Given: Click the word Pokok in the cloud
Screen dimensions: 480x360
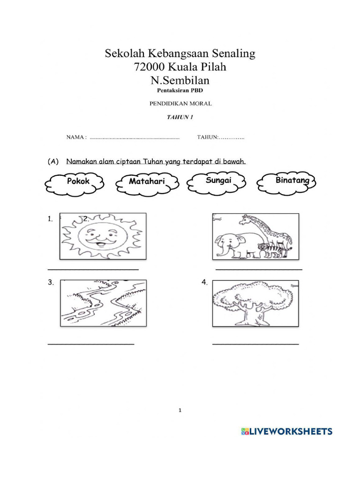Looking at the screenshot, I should (78, 181).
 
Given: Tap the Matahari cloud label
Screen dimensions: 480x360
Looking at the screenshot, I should (147, 181).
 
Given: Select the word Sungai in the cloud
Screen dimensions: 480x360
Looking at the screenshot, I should (218, 180).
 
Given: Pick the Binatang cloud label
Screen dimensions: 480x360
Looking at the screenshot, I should (292, 180).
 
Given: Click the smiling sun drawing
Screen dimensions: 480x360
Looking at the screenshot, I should (103, 236).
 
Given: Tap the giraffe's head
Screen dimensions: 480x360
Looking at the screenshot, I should (246, 219).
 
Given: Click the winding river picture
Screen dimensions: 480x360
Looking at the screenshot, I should (103, 303).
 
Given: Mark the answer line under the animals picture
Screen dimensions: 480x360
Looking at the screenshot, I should (259, 270).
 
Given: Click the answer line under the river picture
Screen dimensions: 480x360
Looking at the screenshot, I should (91, 345).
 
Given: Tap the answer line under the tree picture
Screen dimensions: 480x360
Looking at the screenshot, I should (255, 345).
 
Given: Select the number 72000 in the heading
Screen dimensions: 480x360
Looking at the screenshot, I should (150, 67).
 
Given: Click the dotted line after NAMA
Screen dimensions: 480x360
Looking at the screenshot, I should (135, 138).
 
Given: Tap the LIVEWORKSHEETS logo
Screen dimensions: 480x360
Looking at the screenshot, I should (286, 432).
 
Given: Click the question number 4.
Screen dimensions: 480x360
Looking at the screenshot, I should (204, 282).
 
